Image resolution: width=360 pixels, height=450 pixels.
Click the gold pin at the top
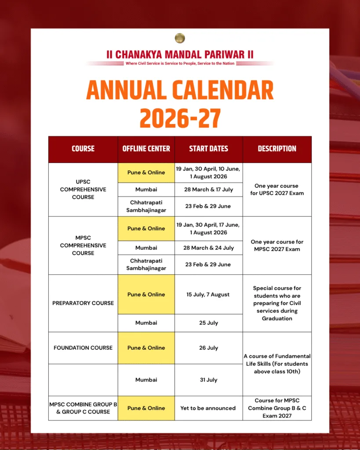pyautogui.click(x=180, y=38)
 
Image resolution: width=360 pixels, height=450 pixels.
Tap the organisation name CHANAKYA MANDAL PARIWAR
pyautogui.click(x=180, y=54)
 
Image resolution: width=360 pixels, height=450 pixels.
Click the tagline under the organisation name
pyautogui.click(x=180, y=63)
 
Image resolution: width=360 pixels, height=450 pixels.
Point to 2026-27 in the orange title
pyautogui.click(x=180, y=117)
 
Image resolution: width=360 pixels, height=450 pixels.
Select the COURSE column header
pyautogui.click(x=83, y=149)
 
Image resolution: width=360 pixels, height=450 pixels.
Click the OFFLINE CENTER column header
pyautogui.click(x=146, y=149)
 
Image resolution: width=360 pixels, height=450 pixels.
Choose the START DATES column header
pyautogui.click(x=208, y=149)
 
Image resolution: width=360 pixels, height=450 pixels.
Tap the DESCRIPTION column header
pyautogui.click(x=277, y=149)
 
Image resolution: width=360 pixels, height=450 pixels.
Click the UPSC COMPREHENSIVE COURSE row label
pyautogui.click(x=83, y=189)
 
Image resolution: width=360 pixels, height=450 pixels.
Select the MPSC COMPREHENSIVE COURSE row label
pyautogui.click(x=83, y=245)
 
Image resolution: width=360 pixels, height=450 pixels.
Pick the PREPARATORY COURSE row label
pyautogui.click(x=83, y=303)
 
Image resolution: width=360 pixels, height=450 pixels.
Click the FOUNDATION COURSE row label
pyautogui.click(x=83, y=348)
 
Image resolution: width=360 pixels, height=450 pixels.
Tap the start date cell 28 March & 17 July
pyautogui.click(x=208, y=189)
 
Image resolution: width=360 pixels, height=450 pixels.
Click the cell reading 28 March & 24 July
pyautogui.click(x=208, y=248)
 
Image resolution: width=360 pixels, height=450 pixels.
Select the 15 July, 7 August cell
pyautogui.click(x=208, y=294)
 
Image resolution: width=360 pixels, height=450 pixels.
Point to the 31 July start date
pyautogui.click(x=208, y=380)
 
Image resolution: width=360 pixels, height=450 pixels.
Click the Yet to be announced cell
pyautogui.click(x=208, y=408)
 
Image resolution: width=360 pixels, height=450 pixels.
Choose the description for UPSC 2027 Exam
pyautogui.click(x=277, y=189)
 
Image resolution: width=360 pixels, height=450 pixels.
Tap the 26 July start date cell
pyautogui.click(x=208, y=348)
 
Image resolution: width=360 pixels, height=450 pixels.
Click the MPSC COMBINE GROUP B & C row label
pyautogui.click(x=83, y=408)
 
